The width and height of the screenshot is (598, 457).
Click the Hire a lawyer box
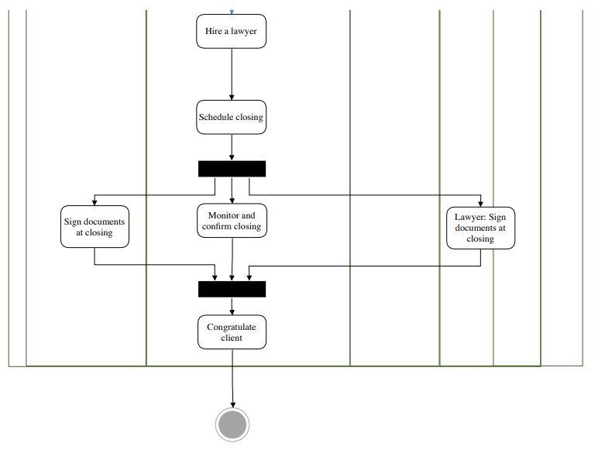coord(231,31)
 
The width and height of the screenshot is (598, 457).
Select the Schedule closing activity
coord(231,118)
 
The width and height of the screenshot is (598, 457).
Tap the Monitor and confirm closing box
coord(232,221)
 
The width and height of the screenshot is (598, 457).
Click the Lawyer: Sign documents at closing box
coord(480,228)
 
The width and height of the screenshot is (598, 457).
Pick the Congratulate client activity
coord(232,332)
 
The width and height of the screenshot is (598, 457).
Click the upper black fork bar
coord(232,169)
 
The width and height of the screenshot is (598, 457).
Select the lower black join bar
coord(232,289)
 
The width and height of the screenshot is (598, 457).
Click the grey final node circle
coord(232,424)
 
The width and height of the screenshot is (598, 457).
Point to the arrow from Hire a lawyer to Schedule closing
coord(232,74)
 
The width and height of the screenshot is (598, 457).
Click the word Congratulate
coord(231,327)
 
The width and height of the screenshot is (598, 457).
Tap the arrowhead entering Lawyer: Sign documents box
coord(480,203)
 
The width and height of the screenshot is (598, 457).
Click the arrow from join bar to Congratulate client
coord(232,306)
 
